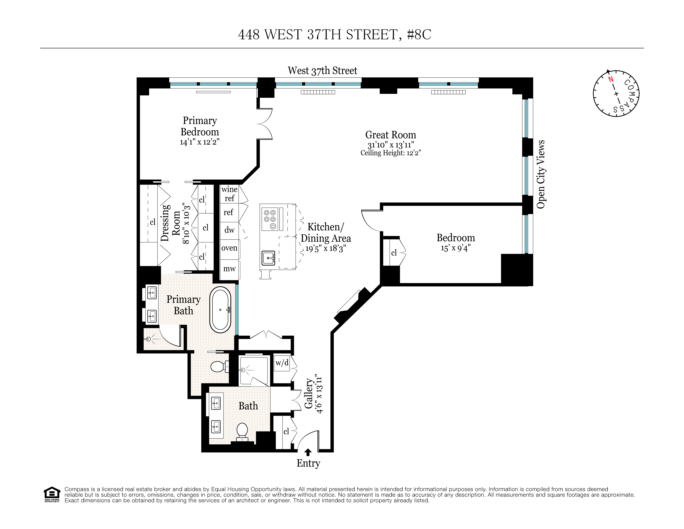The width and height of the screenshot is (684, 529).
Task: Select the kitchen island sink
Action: pyautogui.click(x=268, y=258)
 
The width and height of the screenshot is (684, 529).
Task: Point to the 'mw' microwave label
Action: pyautogui.click(x=229, y=269)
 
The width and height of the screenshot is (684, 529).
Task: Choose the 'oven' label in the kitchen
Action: pyautogui.click(x=229, y=248)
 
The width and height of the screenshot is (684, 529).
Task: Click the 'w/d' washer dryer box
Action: pyautogui.click(x=282, y=363)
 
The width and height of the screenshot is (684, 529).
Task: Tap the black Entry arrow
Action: pyautogui.click(x=308, y=452)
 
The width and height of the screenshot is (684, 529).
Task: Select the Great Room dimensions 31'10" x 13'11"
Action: pyautogui.click(x=391, y=145)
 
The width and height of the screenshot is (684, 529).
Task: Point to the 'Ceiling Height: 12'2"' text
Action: pyautogui.click(x=391, y=153)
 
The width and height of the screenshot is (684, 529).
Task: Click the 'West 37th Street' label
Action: pyautogui.click(x=322, y=71)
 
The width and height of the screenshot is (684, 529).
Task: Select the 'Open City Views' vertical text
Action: pyautogui.click(x=541, y=174)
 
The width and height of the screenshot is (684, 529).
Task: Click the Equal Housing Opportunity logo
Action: pyautogui.click(x=52, y=494)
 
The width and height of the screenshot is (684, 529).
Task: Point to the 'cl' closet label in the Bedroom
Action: pyautogui.click(x=394, y=253)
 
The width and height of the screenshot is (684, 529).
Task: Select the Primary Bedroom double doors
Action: pyautogui.click(x=265, y=124)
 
